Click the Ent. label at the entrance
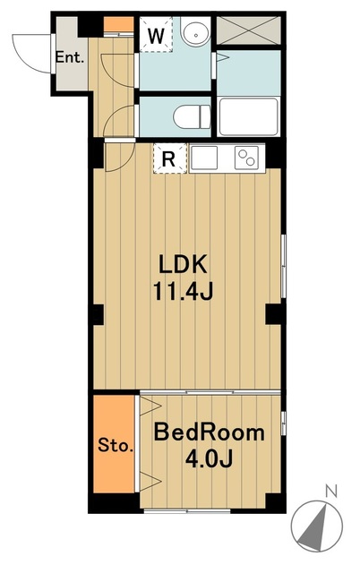pyautogui.click(x=70, y=57)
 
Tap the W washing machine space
pyautogui.click(x=156, y=35)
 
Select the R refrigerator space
pyautogui.click(x=169, y=158)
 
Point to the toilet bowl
pyautogui.click(x=192, y=117)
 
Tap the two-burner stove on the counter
pyautogui.click(x=246, y=158)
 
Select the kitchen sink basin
pyautogui.click(x=204, y=158)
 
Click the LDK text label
pyautogui.click(x=183, y=264)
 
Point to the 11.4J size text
pyautogui.click(x=183, y=292)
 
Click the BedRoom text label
pyautogui.click(x=209, y=432)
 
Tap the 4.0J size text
pyautogui.click(x=209, y=458)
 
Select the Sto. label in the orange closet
pyautogui.click(x=116, y=446)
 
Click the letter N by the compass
pyautogui.click(x=331, y=492)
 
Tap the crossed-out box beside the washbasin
pyautogui.click(x=249, y=30)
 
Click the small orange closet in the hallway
pyautogui.click(x=119, y=24)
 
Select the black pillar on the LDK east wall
pyautogui.click(x=272, y=314)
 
